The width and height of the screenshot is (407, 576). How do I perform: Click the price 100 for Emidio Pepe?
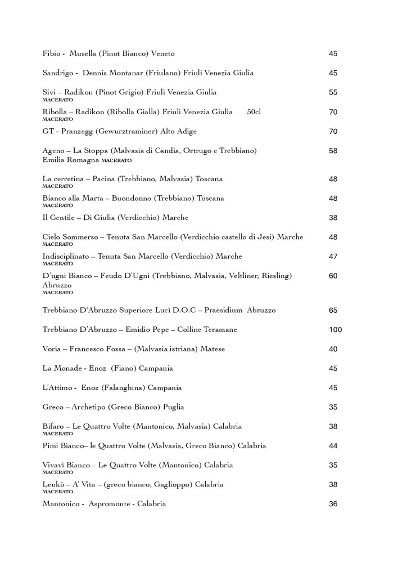point(335,330)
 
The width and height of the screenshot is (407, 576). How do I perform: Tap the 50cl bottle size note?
point(254,112)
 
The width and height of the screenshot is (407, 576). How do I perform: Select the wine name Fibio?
point(51,53)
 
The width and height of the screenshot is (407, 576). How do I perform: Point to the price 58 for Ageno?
point(333,151)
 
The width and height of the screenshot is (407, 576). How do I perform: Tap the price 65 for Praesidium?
point(333,310)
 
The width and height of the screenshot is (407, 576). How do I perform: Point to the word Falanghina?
point(131,388)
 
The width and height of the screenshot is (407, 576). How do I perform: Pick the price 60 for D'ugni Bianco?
point(333,276)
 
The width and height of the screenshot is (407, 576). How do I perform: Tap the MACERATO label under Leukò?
point(57,491)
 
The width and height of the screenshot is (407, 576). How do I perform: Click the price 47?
point(333,256)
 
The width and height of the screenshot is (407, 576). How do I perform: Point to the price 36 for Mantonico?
point(333,504)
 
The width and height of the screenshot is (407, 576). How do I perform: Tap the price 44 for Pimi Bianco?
point(333,445)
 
